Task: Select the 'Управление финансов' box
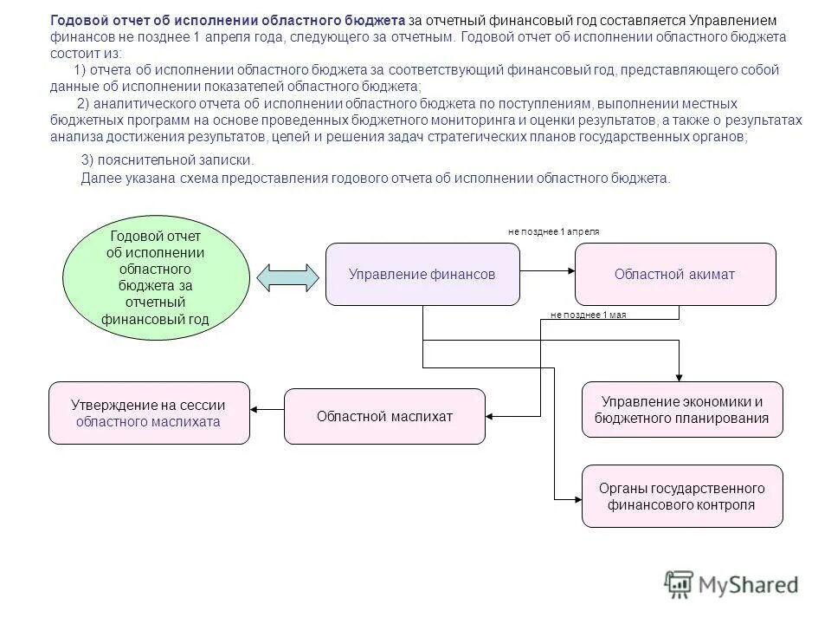[422, 274]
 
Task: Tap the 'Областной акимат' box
[675, 274]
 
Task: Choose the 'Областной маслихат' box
[384, 416]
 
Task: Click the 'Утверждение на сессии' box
[149, 413]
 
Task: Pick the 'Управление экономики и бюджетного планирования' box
[682, 410]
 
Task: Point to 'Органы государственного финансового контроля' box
[682, 496]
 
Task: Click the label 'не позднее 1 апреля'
[553, 232]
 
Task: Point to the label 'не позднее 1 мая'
[588, 315]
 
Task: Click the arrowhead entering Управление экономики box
[680, 377]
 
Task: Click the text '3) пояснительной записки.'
[167, 160]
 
